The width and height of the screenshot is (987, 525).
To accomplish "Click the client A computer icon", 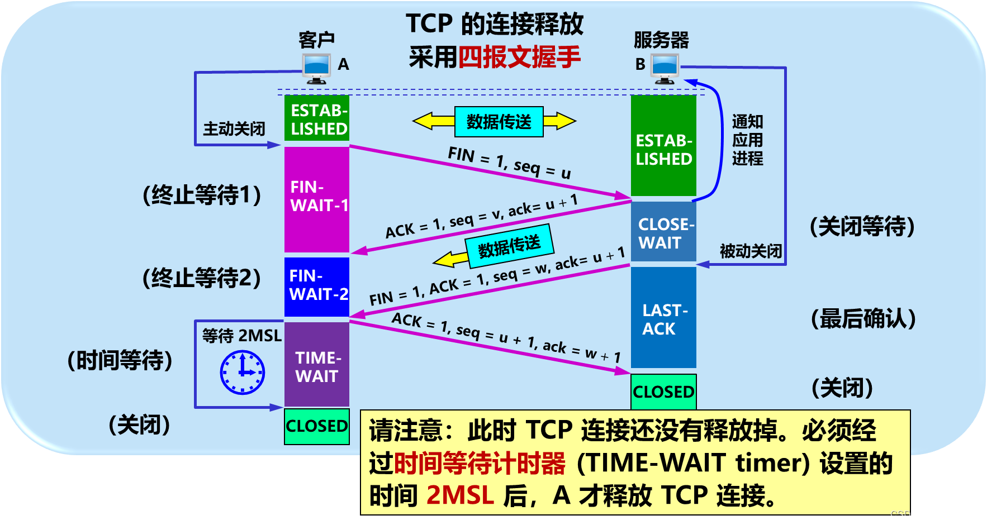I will point(316,68).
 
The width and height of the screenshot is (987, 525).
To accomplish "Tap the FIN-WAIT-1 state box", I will point(317,199).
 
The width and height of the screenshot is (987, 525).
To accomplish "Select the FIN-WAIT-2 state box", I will point(317,286).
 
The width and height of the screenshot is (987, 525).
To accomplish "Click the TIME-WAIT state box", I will point(317,365).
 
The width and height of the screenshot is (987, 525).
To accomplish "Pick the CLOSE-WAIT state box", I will point(663,232).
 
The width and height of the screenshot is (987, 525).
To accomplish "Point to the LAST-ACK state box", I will point(663,318).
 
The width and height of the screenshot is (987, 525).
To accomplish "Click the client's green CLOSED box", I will point(317,426).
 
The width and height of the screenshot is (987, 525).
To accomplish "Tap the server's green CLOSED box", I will point(663,392).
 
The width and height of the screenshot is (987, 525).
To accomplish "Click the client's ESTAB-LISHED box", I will point(317,118).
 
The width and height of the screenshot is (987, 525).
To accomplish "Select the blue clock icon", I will point(243,372).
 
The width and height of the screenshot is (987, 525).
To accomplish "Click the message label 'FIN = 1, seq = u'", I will point(509,163).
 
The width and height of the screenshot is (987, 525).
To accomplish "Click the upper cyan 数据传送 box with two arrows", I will point(499,122).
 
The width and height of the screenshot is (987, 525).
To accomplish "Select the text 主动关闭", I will point(234,129).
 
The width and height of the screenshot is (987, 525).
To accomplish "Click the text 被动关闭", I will point(750,251).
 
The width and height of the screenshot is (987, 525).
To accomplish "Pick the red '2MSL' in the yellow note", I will point(460,495).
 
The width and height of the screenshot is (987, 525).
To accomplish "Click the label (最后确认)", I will point(863,319).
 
